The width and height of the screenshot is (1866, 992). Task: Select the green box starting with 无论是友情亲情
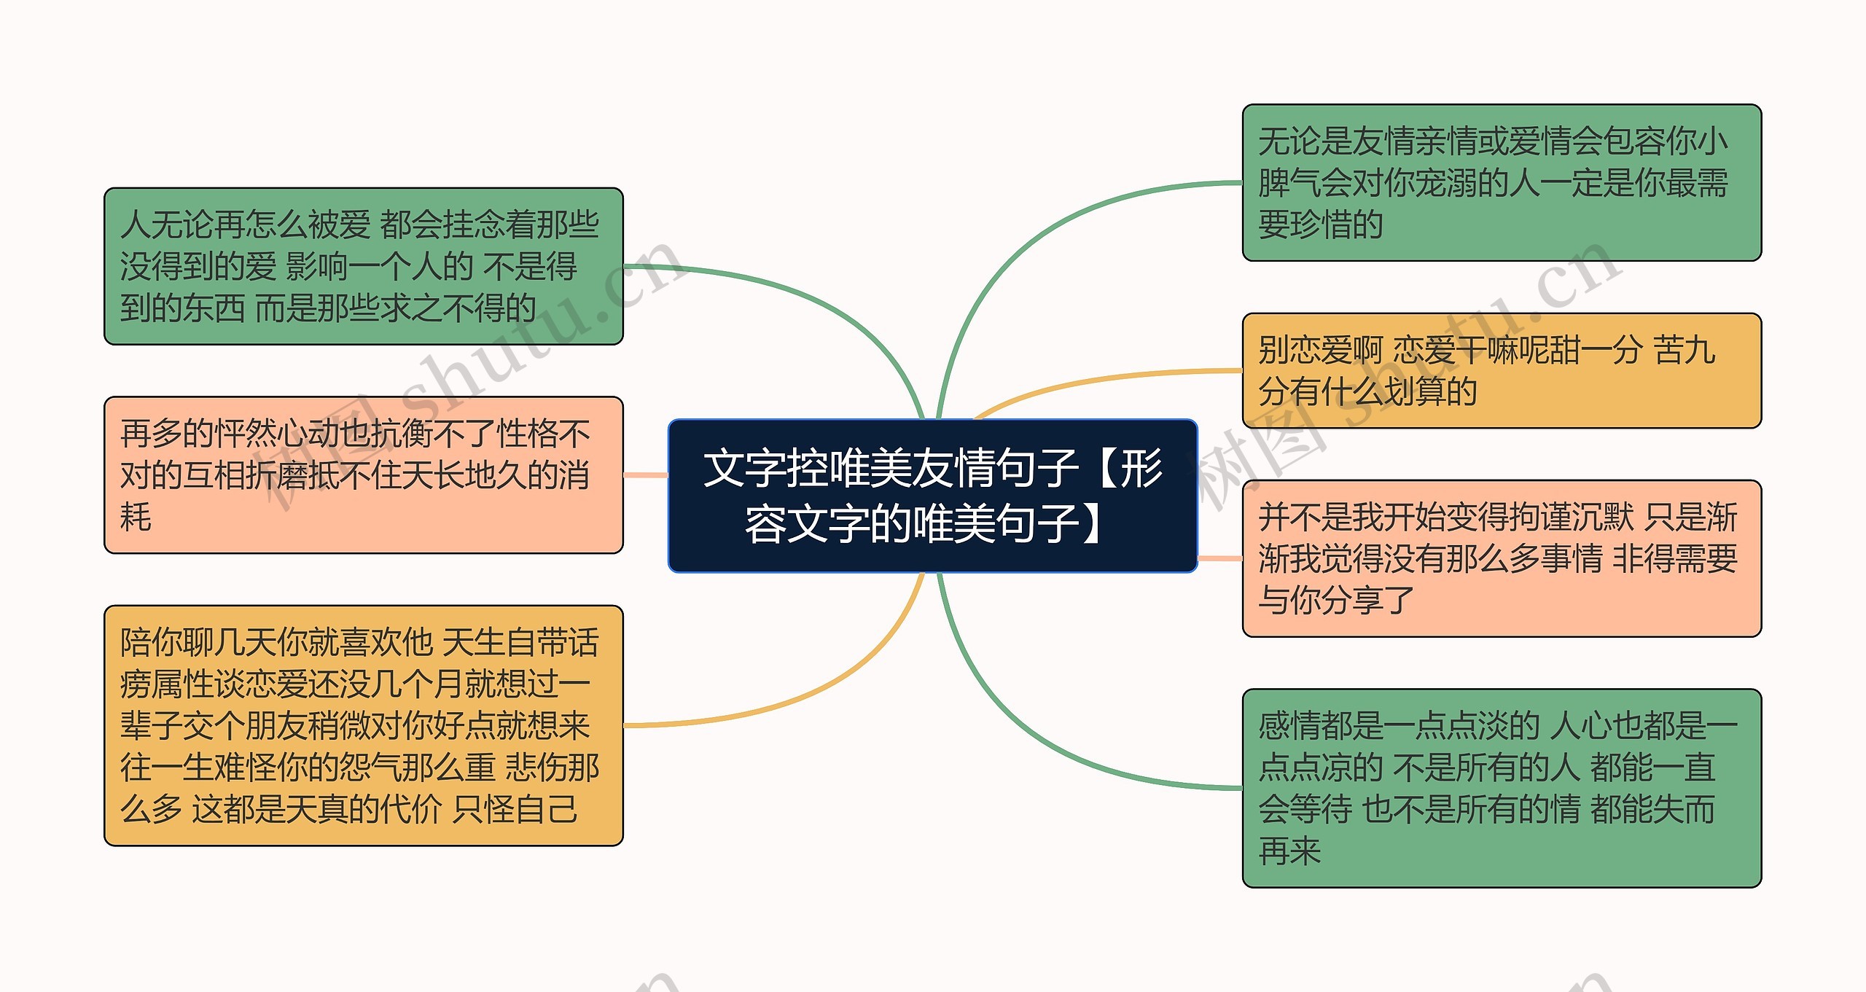(x=1502, y=182)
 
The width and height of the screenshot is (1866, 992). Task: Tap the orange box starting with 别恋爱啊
(x=1502, y=370)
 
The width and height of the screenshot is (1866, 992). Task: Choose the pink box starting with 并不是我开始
(x=1502, y=558)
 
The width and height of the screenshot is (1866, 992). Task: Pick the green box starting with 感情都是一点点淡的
(x=1502, y=788)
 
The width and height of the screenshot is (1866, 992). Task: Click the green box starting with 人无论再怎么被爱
(x=363, y=266)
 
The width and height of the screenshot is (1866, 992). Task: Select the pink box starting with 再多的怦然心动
(x=363, y=474)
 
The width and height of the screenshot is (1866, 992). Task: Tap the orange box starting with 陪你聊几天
(x=363, y=725)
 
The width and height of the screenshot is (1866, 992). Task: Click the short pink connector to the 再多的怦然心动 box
(x=645, y=475)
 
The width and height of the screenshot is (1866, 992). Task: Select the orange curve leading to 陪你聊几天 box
(x=802, y=692)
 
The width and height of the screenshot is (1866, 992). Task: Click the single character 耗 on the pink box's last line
(x=136, y=517)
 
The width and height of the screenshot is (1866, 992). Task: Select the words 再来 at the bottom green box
(x=1289, y=851)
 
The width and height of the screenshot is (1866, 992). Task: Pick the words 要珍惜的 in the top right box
(x=1320, y=224)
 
